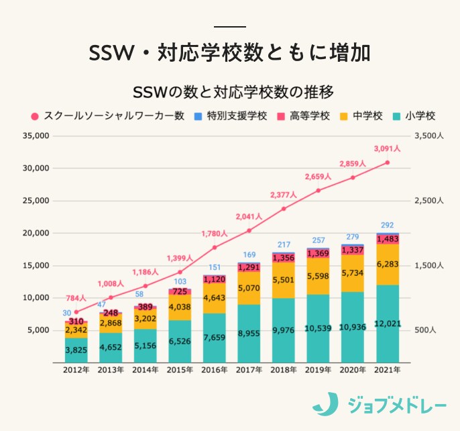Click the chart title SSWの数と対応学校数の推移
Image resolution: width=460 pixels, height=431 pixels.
(x=229, y=91)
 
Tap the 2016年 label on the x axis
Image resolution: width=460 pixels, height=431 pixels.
(x=214, y=370)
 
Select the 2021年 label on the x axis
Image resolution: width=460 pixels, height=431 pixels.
(x=387, y=370)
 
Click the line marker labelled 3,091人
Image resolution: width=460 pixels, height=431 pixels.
(x=388, y=162)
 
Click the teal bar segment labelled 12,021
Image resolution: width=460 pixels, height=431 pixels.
(x=387, y=324)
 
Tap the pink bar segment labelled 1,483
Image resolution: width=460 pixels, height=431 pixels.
(x=387, y=240)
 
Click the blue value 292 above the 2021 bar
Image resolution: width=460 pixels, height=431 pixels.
(x=387, y=226)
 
